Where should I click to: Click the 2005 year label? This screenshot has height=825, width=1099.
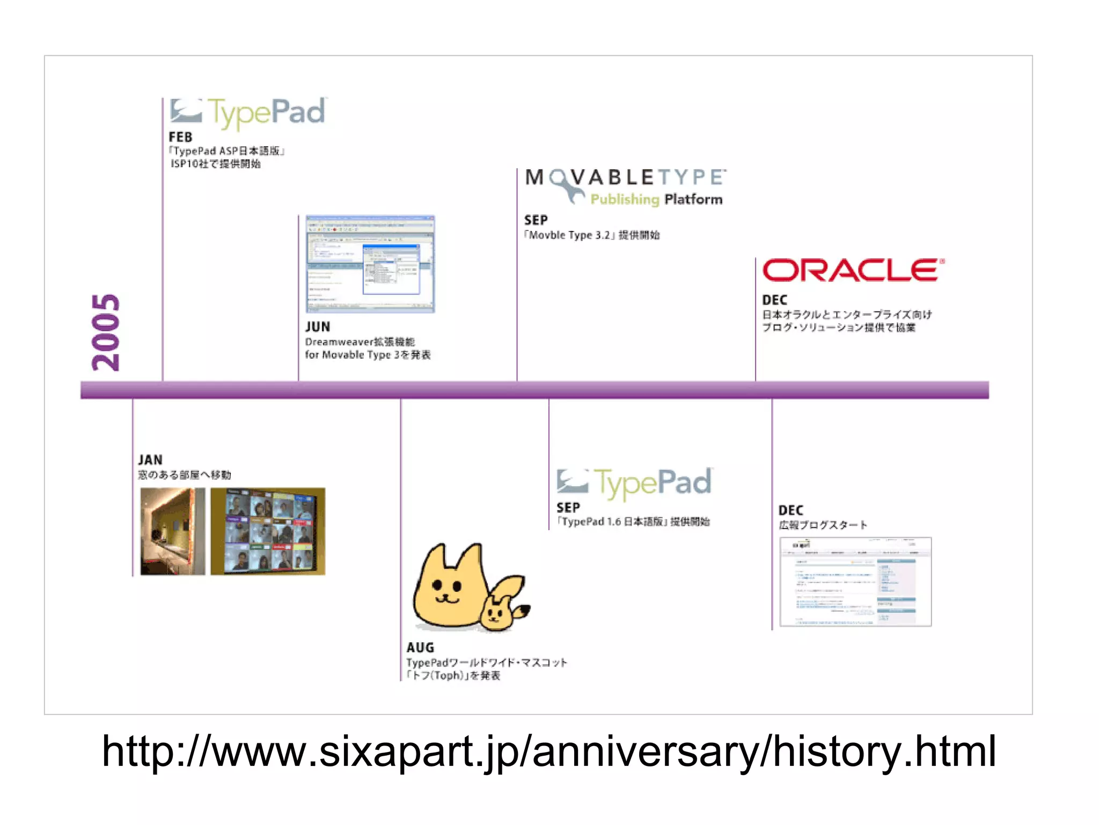pyautogui.click(x=106, y=332)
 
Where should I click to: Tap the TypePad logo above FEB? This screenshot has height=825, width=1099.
pyautogui.click(x=248, y=112)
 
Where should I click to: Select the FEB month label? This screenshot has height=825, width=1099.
pyautogui.click(x=180, y=137)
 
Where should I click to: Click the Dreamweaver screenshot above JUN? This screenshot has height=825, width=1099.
pyautogui.click(x=370, y=264)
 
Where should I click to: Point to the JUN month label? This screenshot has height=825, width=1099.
pyautogui.click(x=318, y=327)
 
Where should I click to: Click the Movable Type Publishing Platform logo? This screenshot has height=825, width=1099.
pyautogui.click(x=626, y=186)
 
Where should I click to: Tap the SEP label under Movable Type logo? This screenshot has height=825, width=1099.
pyautogui.click(x=536, y=220)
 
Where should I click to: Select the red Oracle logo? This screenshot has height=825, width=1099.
pyautogui.click(x=853, y=270)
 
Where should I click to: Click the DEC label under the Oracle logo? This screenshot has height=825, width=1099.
pyautogui.click(x=774, y=300)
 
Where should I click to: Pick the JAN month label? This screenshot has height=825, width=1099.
pyautogui.click(x=150, y=460)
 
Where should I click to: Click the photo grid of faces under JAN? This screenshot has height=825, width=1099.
pyautogui.click(x=268, y=531)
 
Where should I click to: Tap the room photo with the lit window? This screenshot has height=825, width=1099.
pyautogui.click(x=172, y=531)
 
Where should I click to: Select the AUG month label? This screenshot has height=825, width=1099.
pyautogui.click(x=420, y=648)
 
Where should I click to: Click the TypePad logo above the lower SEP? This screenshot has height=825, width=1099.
pyautogui.click(x=635, y=483)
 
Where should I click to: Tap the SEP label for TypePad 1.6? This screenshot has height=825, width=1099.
pyautogui.click(x=568, y=508)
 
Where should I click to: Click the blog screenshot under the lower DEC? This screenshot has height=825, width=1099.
pyautogui.click(x=855, y=582)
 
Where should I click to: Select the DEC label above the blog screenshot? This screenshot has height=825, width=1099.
pyautogui.click(x=790, y=510)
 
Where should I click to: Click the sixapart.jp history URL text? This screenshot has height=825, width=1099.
pyautogui.click(x=548, y=751)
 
